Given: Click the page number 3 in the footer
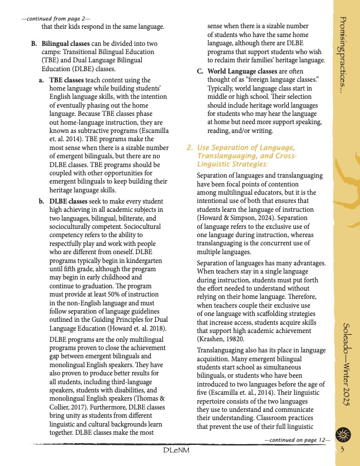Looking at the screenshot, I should pos(342,451).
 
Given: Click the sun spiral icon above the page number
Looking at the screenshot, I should pos(343,435).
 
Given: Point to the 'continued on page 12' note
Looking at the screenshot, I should pos(298,440).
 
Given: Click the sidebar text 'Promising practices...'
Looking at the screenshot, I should pos(344,56).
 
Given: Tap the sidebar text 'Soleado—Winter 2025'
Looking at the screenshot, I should pos(344,365).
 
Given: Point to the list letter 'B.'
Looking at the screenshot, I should pos(34,45).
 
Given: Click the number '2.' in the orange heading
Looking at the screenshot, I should pos(190,147).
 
